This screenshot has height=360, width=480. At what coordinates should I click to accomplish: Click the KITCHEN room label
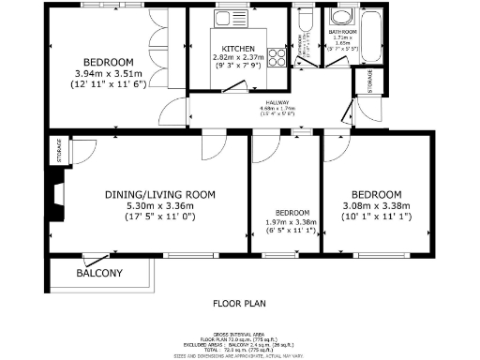(x=237, y=48)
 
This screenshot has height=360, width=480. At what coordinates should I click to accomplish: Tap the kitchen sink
(x=227, y=19)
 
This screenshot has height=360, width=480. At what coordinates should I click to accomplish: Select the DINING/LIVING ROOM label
(x=159, y=194)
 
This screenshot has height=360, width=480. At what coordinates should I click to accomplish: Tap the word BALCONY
(x=98, y=274)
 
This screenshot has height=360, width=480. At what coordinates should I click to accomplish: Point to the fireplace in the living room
(x=58, y=194)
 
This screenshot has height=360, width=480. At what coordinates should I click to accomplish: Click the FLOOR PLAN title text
(x=240, y=304)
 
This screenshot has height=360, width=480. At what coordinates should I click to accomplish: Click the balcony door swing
(x=94, y=258)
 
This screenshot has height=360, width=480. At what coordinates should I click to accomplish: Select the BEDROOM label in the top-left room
(x=106, y=62)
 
